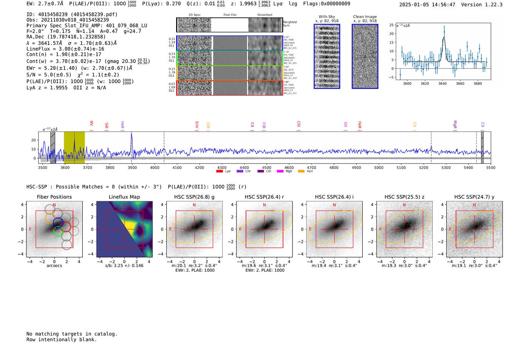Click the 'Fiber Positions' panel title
(x=54, y=197)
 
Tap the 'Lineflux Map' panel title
(x=124, y=197)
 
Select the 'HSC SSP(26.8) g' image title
(x=194, y=197)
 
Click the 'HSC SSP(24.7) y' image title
(x=474, y=197)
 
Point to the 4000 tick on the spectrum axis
(x=155, y=167)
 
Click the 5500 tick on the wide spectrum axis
(x=490, y=167)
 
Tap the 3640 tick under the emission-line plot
(x=442, y=83)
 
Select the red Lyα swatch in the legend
(x=219, y=172)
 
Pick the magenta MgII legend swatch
(x=280, y=172)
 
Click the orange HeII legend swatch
(x=301, y=172)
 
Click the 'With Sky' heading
(x=327, y=17)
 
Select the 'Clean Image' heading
(x=365, y=17)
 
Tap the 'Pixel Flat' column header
(x=230, y=15)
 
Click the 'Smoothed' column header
(x=264, y=15)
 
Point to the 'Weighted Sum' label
(x=290, y=24)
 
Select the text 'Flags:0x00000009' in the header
(x=326, y=4)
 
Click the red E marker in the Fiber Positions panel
(x=30, y=229)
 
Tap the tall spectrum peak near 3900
(x=131, y=134)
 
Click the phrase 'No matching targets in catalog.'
(x=72, y=334)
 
